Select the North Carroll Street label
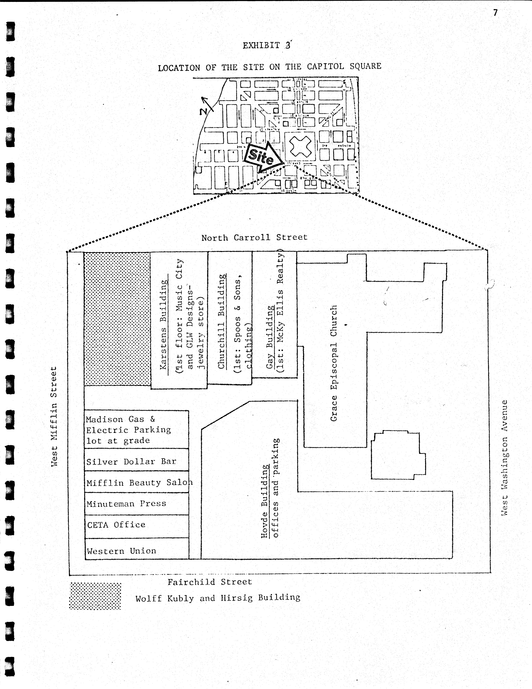click(254, 238)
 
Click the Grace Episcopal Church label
click(334, 363)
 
